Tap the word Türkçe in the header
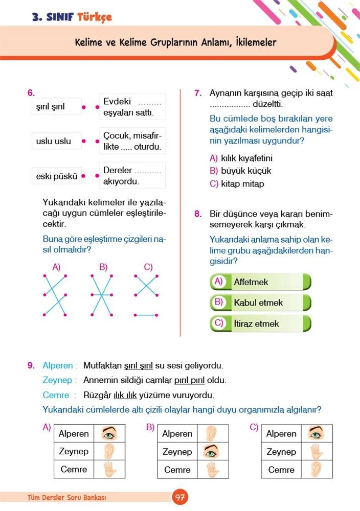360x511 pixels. pos(94,17)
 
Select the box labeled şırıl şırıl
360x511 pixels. pos(56,108)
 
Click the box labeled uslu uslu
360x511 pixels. pos(56,141)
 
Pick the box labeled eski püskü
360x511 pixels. pos(56,176)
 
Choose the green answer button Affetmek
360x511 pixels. pos(260,282)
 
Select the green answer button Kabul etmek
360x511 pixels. pos(260,303)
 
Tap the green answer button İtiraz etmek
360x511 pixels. pos(260,323)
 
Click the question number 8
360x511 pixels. pos(198,214)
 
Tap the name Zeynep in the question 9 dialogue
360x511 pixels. pos(59,380)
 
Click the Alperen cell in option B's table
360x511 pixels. pos(177,434)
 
